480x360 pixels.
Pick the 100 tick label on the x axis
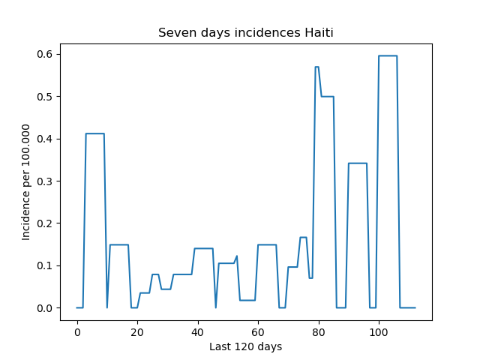(x=379, y=332)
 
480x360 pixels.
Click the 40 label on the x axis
(x=198, y=332)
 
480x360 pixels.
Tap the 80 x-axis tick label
(x=319, y=332)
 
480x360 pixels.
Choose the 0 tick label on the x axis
(x=77, y=332)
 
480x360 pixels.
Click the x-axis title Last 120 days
(x=246, y=346)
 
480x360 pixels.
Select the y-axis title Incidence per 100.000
(x=25, y=182)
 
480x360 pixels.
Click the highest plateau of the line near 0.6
(x=388, y=55)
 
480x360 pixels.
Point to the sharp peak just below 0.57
(x=316, y=67)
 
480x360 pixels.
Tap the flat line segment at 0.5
(x=328, y=97)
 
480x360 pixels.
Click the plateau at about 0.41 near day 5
(x=95, y=133)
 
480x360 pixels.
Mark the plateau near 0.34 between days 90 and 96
(x=358, y=163)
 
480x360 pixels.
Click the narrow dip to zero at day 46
(x=216, y=307)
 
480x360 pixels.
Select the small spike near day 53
(x=237, y=256)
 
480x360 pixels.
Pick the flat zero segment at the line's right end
(x=408, y=307)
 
